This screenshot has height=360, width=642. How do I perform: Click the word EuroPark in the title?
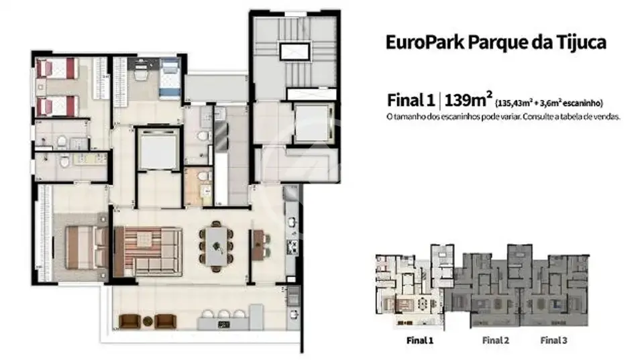[425, 42]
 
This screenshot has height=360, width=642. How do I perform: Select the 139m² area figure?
[468, 100]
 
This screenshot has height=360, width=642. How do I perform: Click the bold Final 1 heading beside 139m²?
[411, 101]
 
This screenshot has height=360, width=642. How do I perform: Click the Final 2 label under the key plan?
[496, 340]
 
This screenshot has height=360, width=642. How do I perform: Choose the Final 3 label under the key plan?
[553, 340]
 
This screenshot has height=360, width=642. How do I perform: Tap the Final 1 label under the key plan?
[420, 340]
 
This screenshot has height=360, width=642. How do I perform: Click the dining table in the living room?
[216, 246]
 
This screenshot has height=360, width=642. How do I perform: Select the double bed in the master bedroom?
[87, 247]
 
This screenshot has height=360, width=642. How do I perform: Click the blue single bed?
[170, 78]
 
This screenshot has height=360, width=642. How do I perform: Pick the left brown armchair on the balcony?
[129, 321]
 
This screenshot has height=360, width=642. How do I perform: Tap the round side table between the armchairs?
[148, 321]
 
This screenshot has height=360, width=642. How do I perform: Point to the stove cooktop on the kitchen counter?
[292, 247]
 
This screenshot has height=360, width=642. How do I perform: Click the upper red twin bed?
[56, 68]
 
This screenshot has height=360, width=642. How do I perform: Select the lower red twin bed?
[56, 106]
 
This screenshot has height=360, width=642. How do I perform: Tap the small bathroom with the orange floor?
[198, 186]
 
